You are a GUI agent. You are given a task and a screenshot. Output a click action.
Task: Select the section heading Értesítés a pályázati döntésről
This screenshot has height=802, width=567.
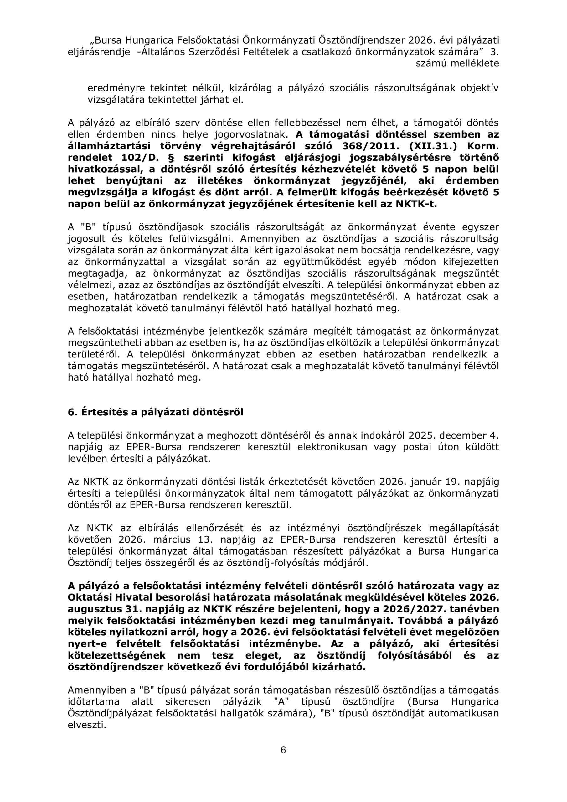pyautogui.click(x=155, y=412)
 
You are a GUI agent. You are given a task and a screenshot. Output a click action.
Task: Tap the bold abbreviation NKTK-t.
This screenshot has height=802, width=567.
pyautogui.click(x=416, y=204)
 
